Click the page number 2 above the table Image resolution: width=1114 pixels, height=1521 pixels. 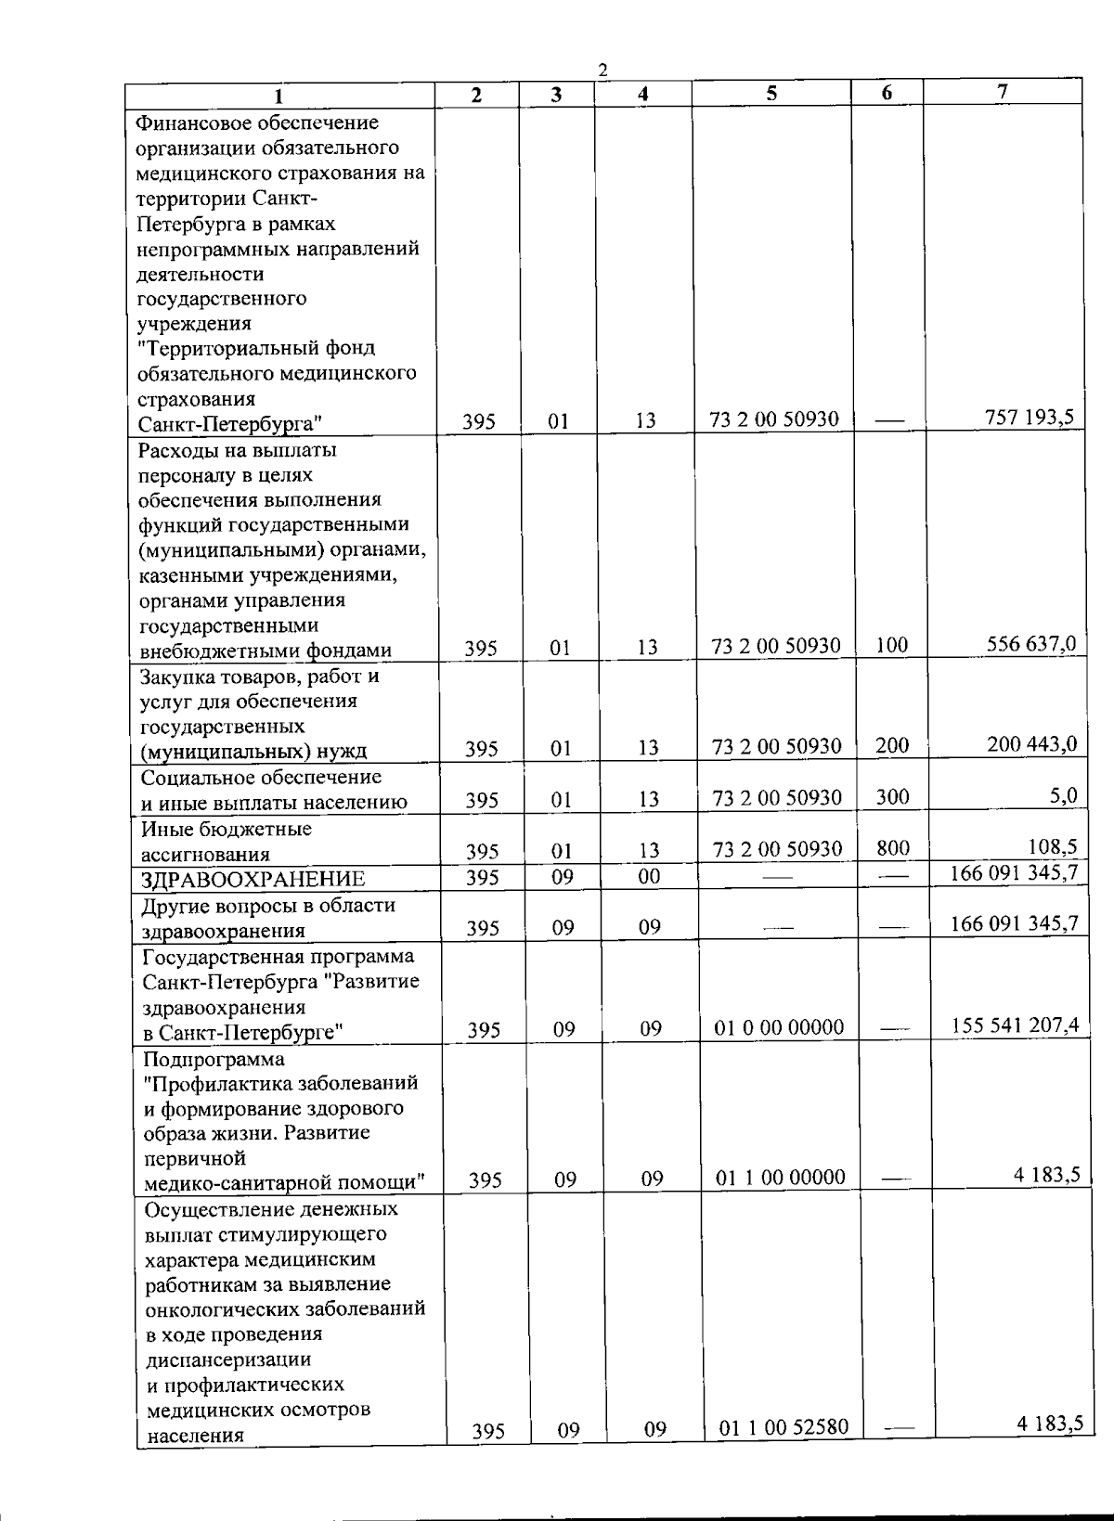coord(603,71)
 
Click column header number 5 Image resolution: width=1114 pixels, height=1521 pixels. coord(772,94)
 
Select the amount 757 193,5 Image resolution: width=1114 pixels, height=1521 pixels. coord(1030,417)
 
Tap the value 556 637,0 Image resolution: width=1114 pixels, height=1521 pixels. coord(1031,643)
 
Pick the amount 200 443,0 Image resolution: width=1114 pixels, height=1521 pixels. coord(1031,743)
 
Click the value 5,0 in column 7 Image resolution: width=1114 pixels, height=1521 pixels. coord(1063,794)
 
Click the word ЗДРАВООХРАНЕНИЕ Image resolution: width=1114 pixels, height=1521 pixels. coord(253,879)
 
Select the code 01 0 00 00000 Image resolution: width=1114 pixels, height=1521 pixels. coord(780,1027)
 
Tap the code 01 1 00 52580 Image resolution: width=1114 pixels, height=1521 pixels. coord(784,1426)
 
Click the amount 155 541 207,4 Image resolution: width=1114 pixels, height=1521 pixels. coord(1016,1025)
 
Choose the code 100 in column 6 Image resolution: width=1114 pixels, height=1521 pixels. coord(891,645)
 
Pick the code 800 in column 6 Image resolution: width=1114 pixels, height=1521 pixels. coord(893,847)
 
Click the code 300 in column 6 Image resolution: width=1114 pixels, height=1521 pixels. coord(892,796)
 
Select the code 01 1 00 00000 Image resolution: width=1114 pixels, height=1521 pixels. coord(781,1178)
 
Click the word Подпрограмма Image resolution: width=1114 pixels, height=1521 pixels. coord(214,1059)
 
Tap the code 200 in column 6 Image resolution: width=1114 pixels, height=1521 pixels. coord(892,745)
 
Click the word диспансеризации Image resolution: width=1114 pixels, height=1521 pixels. coord(228,1360)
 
